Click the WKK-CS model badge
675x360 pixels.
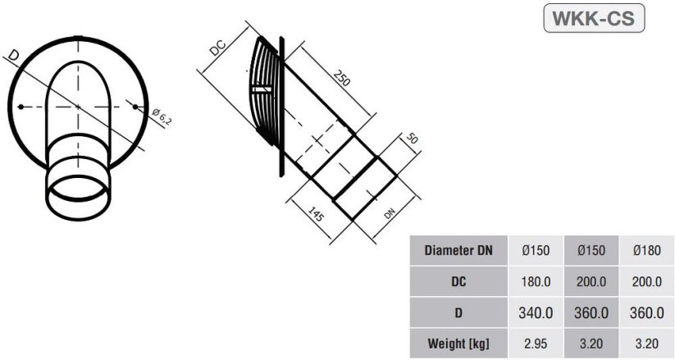tap(594, 18)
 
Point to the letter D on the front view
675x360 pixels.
tap(14, 56)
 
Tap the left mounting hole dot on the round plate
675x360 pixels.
tap(20, 106)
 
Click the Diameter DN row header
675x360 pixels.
tap(458, 251)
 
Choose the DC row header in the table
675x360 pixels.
tap(458, 281)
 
